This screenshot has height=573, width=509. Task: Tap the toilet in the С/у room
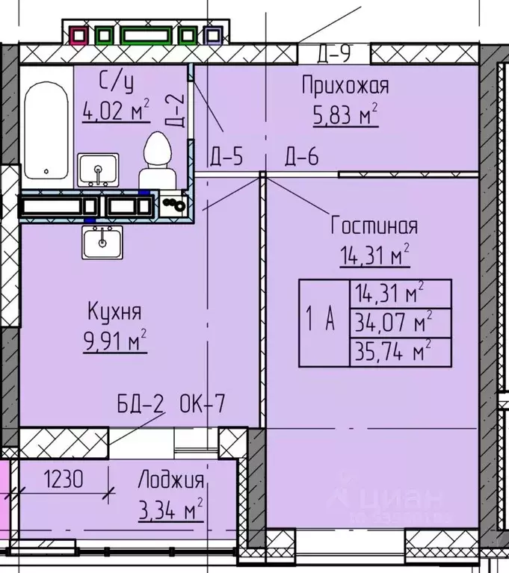(156, 159)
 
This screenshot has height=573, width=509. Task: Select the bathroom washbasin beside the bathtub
(98, 170)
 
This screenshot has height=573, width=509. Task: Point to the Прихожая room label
(345, 86)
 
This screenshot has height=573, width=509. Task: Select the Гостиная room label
(374, 226)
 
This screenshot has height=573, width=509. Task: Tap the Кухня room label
(114, 311)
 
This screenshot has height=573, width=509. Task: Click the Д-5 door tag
(226, 157)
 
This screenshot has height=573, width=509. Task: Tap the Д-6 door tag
(301, 157)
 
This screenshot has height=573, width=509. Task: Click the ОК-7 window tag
(203, 406)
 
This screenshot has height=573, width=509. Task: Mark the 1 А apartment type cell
(323, 323)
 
